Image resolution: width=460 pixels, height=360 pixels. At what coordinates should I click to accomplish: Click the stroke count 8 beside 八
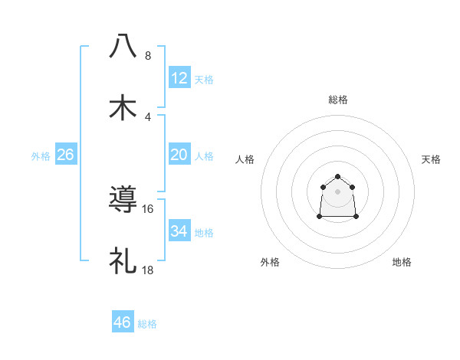tap(148, 56)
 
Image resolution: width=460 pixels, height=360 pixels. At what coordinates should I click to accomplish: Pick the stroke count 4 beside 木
tap(148, 116)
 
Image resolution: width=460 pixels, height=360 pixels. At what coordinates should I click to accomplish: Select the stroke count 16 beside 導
tap(148, 208)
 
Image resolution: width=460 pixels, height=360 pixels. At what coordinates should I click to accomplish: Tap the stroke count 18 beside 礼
tap(148, 270)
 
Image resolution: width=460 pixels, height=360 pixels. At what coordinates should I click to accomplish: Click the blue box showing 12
tap(179, 78)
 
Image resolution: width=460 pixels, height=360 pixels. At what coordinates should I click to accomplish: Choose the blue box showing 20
tap(179, 155)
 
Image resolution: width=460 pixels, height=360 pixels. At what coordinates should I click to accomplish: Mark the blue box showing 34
tap(179, 231)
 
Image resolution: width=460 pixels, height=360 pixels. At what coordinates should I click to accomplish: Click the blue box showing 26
tap(65, 155)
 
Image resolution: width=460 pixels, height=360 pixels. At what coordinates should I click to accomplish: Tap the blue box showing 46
tap(123, 322)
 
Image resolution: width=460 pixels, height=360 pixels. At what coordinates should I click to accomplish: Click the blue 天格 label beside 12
tap(204, 80)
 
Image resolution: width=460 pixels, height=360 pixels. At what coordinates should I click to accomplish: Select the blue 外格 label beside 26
tap(41, 156)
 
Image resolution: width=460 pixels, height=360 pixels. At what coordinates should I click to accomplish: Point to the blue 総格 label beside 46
tap(147, 324)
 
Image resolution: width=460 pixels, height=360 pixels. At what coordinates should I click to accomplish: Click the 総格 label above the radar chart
tap(337, 100)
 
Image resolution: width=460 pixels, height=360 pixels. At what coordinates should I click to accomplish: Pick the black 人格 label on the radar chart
tap(245, 159)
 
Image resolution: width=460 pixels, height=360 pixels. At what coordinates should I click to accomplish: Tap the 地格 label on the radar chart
tap(402, 262)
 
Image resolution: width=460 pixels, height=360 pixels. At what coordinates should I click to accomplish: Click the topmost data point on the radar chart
tap(337, 177)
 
